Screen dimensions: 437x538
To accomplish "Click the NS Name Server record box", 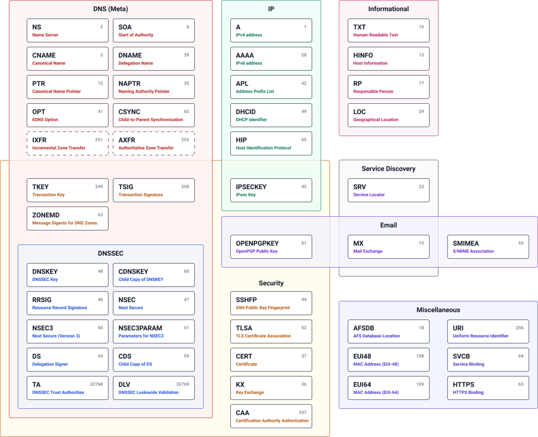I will click(x=67, y=30).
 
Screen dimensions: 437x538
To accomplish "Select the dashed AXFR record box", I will click(x=154, y=143).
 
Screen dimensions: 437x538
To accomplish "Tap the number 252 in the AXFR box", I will click(x=185, y=140).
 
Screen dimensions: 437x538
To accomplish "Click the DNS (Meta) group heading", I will click(x=111, y=9).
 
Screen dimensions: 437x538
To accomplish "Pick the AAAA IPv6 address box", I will click(x=271, y=58).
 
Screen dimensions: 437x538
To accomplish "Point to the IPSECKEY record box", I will click(x=271, y=190).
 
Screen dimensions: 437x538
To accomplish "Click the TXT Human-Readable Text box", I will click(x=388, y=30).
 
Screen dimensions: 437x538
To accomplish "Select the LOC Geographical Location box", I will click(x=388, y=115).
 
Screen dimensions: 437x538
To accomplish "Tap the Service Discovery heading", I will click(x=388, y=169).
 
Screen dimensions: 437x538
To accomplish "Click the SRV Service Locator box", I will click(x=388, y=190).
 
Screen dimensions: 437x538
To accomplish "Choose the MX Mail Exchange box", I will click(x=388, y=247).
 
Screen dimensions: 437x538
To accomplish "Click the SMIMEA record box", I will click(x=488, y=247).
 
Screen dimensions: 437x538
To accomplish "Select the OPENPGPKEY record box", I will click(x=271, y=247).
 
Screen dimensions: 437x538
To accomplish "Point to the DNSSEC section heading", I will click(x=111, y=253).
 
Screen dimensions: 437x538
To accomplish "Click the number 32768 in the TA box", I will click(x=96, y=384).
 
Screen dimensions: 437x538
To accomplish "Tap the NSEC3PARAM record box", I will click(x=154, y=332).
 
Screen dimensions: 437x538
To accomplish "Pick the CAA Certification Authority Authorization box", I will click(x=271, y=416).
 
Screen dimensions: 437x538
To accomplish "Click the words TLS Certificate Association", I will click(x=263, y=336).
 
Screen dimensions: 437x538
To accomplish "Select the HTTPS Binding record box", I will click(x=488, y=388).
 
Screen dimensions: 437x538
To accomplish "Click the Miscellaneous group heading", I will click(x=438, y=310).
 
